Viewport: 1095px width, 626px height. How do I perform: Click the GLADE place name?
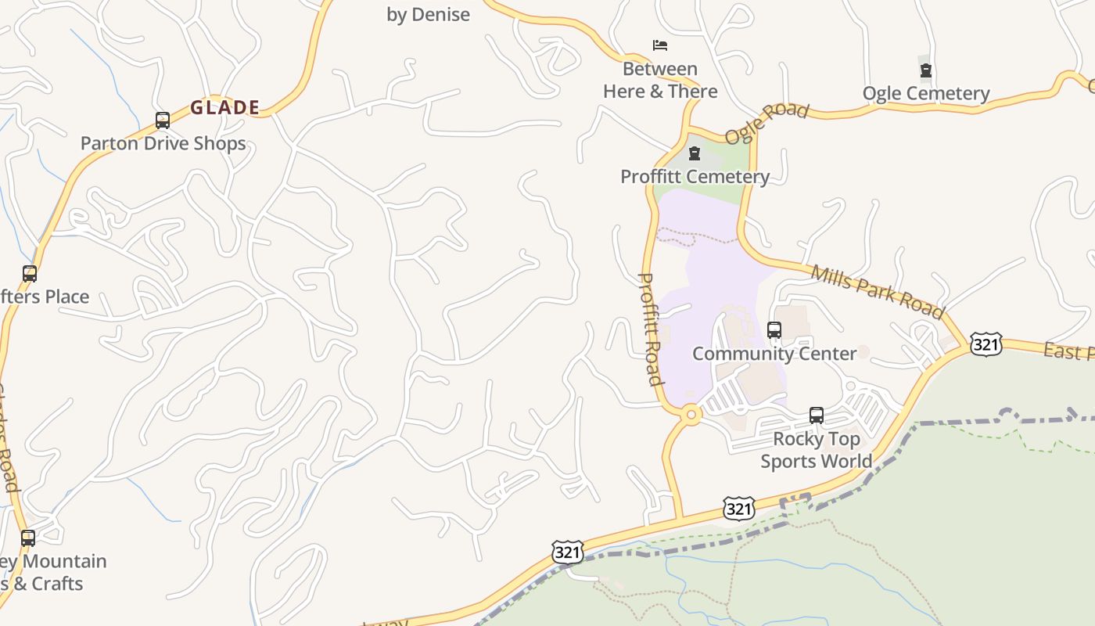225,108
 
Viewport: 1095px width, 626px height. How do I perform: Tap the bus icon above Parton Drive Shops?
163,121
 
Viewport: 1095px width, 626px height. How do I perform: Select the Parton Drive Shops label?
163,143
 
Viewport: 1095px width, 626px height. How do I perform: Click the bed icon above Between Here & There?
660,45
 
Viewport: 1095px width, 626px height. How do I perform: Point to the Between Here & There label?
660,80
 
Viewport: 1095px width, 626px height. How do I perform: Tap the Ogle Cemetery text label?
926,94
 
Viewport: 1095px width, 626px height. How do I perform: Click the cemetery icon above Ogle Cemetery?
926,70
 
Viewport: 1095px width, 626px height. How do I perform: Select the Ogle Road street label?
766,123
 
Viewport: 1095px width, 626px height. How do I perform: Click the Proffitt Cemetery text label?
695,177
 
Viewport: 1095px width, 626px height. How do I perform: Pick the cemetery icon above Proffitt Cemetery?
694,153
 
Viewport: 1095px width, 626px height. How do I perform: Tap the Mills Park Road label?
877,291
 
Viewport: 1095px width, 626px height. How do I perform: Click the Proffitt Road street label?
651,329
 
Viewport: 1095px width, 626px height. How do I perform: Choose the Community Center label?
774,354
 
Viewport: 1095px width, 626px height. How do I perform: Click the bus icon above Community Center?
774,330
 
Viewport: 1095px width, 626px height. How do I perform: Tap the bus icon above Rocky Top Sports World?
817,415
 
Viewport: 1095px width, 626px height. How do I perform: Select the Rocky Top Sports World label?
817,450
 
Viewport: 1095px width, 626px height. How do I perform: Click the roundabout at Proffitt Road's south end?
690,415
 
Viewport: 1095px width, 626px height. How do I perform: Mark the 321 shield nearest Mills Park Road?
985,344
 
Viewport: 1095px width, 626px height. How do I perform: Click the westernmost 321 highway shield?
567,552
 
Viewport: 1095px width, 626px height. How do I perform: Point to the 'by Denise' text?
429,14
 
